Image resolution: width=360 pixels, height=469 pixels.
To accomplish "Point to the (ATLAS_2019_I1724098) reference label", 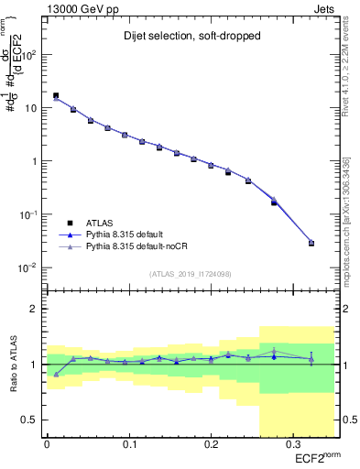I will [191, 274].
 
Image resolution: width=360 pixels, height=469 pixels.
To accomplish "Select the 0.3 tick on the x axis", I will [291, 446].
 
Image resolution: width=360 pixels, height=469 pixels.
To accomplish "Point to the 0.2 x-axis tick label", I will [210, 446].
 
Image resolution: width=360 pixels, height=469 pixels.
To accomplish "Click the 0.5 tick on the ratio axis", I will [32, 420].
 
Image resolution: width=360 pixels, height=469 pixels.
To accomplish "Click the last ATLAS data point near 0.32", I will [311, 243].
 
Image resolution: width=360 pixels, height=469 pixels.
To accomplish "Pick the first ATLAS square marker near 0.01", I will [56, 95].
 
